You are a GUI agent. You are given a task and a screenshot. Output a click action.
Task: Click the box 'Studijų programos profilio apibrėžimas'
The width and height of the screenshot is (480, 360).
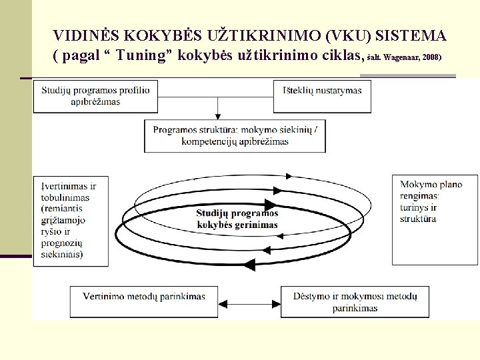95,96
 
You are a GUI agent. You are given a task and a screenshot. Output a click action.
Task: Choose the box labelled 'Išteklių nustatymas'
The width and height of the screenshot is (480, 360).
321,91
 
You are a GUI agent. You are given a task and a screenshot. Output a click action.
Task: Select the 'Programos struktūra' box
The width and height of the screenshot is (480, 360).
235,135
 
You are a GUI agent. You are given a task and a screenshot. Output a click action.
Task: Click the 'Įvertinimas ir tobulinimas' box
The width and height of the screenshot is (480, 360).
70,220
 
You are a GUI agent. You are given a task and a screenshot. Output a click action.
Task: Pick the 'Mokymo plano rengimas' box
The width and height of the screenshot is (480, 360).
435,201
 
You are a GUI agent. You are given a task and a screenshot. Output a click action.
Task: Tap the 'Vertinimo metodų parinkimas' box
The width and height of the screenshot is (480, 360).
144,297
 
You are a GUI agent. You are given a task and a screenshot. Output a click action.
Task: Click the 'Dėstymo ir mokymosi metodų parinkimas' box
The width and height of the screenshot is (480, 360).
355,301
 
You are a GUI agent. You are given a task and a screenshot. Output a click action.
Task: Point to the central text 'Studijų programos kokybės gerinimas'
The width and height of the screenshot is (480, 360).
237,219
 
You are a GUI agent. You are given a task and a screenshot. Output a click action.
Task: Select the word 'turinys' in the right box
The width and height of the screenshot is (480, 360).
415,208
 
